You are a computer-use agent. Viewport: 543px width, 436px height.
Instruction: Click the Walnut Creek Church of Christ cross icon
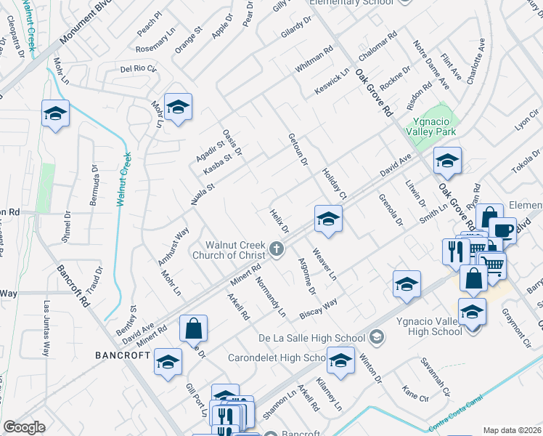coord(276,249)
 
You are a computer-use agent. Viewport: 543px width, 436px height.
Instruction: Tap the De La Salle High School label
coord(312,337)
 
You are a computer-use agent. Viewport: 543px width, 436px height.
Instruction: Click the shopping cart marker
coord(492,266)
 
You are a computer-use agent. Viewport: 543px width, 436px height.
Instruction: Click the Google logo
coord(24,427)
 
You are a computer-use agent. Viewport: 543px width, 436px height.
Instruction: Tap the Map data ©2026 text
coord(512,430)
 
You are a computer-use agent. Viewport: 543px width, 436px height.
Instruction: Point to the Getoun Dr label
coord(298,149)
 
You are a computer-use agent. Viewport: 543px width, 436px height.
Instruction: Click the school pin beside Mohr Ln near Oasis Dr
coord(178,107)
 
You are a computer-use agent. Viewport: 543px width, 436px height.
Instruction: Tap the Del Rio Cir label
coord(139,69)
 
